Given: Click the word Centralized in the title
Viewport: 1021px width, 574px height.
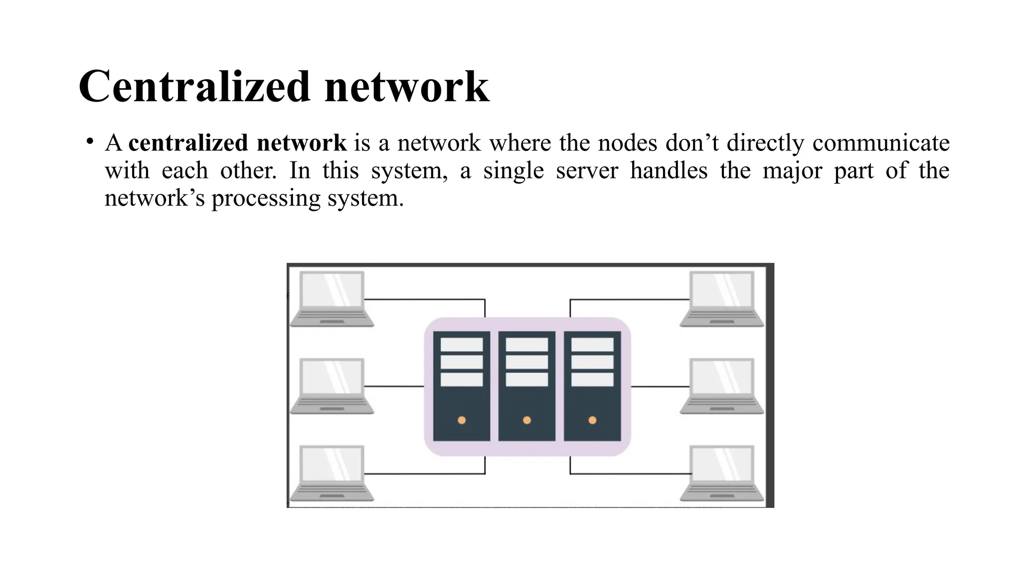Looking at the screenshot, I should pyautogui.click(x=195, y=87).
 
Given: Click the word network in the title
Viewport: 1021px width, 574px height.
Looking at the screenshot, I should pyautogui.click(x=406, y=87).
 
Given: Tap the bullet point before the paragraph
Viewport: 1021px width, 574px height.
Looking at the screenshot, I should pyautogui.click(x=90, y=142).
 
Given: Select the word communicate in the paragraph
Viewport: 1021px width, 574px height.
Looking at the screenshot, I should pyautogui.click(x=880, y=143).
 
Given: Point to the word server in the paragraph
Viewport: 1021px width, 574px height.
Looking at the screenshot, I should pyautogui.click(x=587, y=170).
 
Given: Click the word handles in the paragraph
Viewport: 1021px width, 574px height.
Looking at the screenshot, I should pyautogui.click(x=668, y=170).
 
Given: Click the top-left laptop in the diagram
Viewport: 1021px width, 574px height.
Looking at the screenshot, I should pyautogui.click(x=332, y=298).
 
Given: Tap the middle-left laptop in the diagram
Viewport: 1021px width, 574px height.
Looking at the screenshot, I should pyautogui.click(x=332, y=386).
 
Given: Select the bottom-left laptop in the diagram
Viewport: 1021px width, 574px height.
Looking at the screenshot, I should pyautogui.click(x=332, y=473).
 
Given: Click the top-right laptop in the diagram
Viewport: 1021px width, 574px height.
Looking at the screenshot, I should pyautogui.click(x=721, y=298).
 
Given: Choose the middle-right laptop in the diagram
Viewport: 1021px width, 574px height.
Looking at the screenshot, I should pyautogui.click(x=721, y=386).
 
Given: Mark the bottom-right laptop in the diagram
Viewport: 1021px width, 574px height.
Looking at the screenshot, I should pyautogui.click(x=721, y=473).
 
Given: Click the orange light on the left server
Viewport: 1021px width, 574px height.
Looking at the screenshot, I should pyautogui.click(x=462, y=420).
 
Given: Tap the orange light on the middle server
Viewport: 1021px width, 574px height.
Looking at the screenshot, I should pyautogui.click(x=527, y=420).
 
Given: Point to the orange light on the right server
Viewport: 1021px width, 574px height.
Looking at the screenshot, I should pyautogui.click(x=592, y=420).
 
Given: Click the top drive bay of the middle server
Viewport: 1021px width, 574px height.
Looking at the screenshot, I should pyautogui.click(x=527, y=345).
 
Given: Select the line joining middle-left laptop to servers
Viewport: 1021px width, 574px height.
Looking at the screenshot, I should pyautogui.click(x=394, y=386).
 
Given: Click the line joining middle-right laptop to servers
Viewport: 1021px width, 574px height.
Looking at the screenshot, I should pyautogui.click(x=660, y=387).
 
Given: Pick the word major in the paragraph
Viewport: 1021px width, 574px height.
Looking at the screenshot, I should pyautogui.click(x=792, y=170).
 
